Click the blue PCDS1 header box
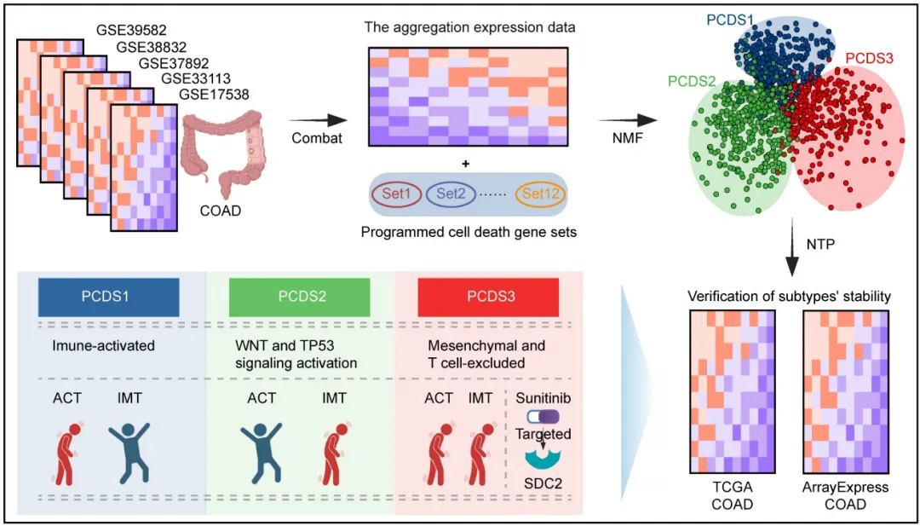point(109,298)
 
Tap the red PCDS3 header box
point(488,298)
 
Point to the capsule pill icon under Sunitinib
point(543,416)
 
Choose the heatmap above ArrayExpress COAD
point(846,392)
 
